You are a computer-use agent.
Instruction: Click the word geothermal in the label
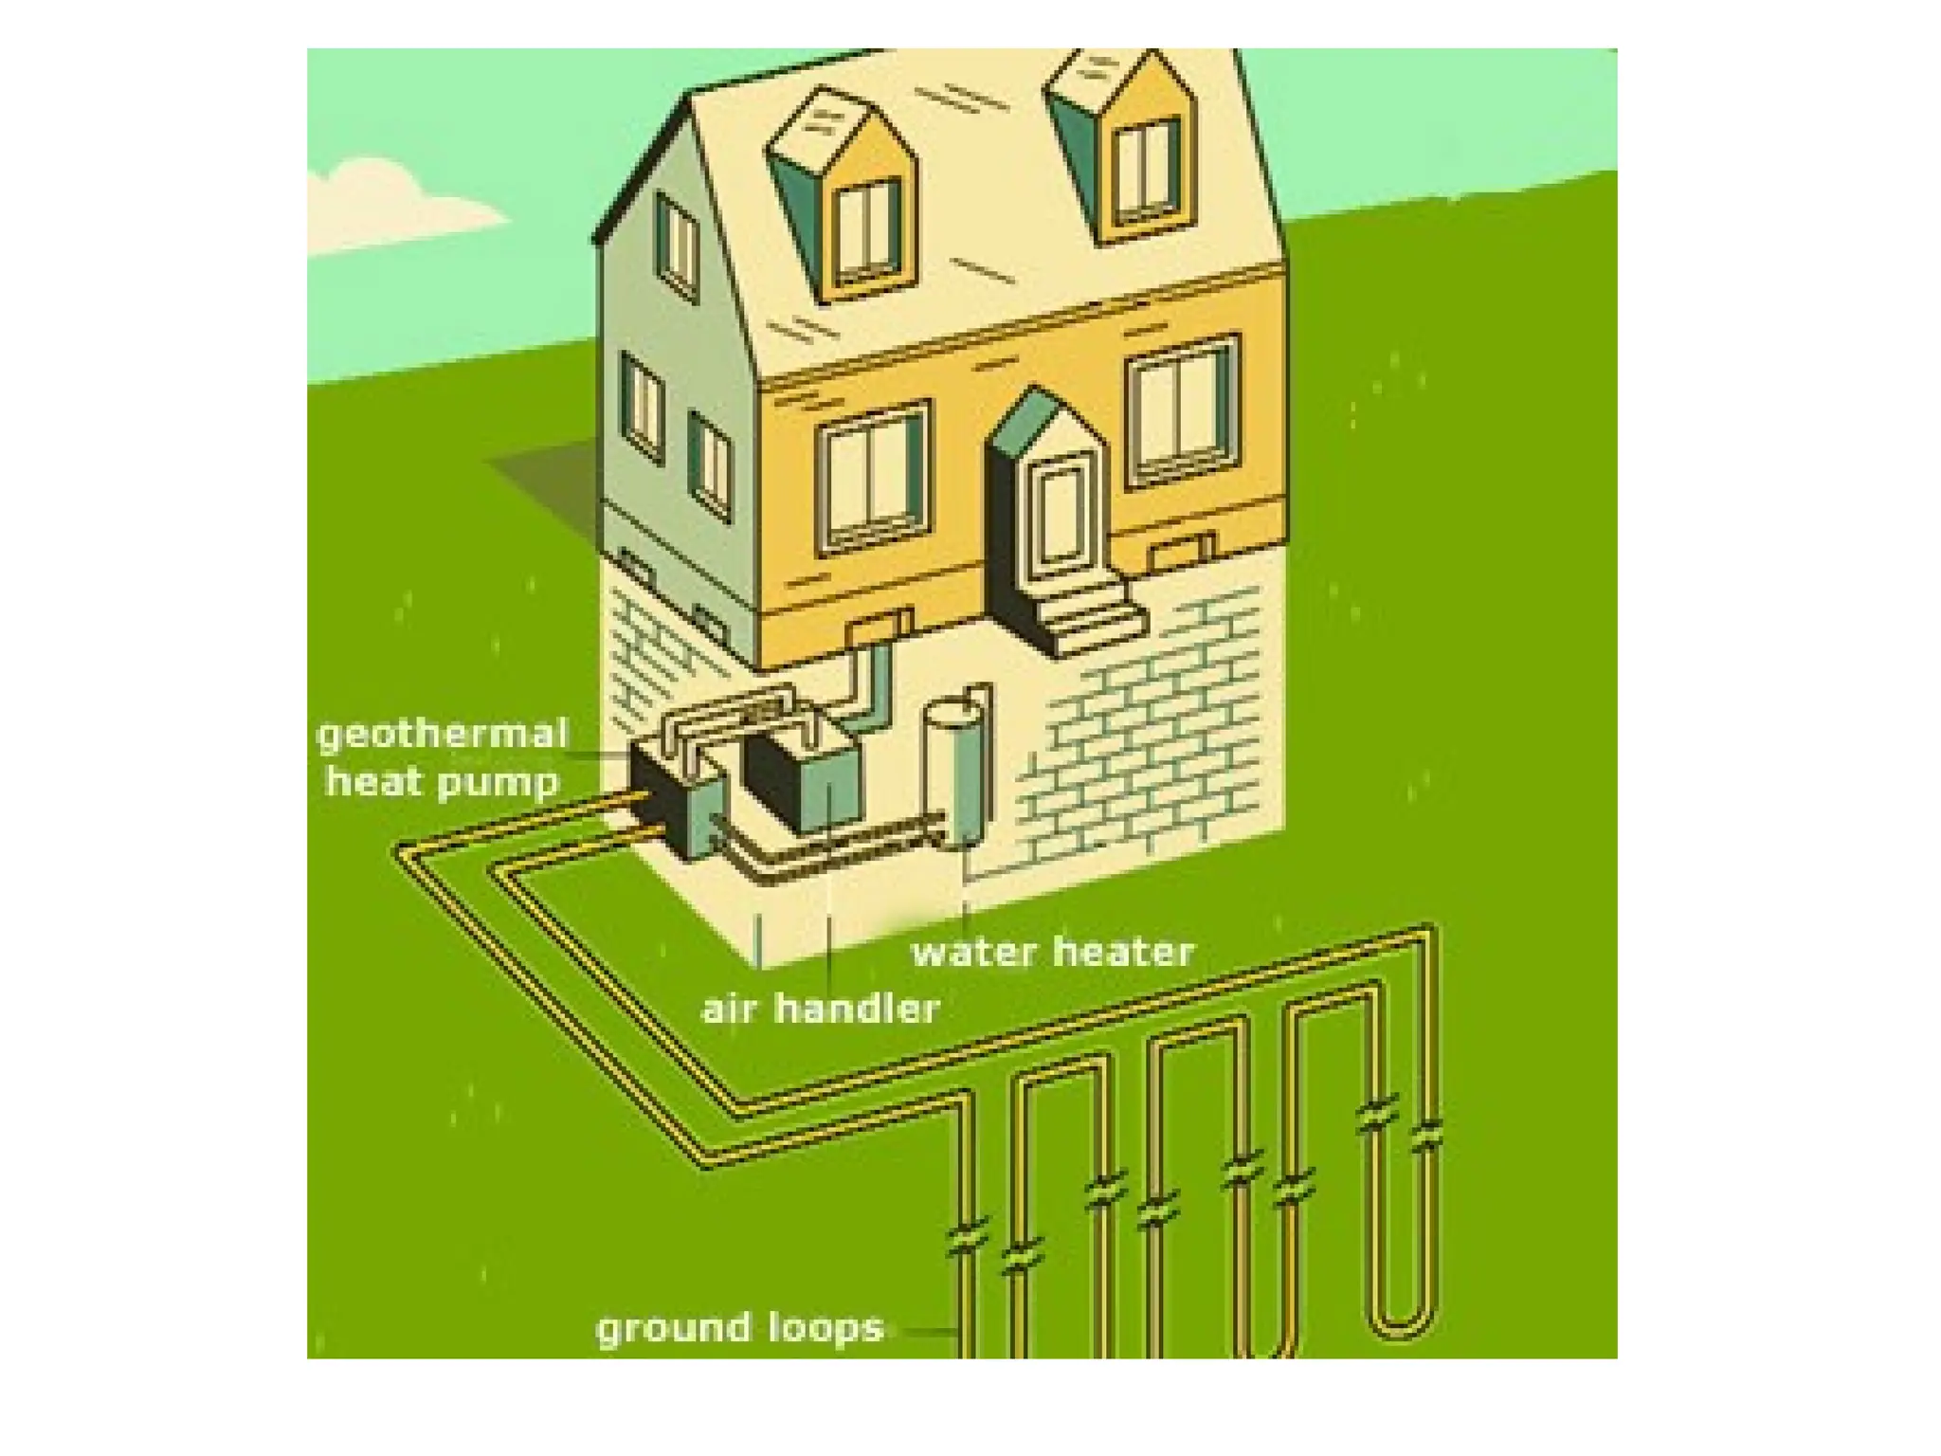point(442,735)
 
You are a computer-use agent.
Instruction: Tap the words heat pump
point(442,783)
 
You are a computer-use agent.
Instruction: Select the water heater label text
point(1052,952)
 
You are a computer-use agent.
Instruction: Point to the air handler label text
point(821,1008)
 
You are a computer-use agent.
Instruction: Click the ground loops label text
point(739,1327)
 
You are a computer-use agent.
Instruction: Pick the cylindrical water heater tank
point(958,770)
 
